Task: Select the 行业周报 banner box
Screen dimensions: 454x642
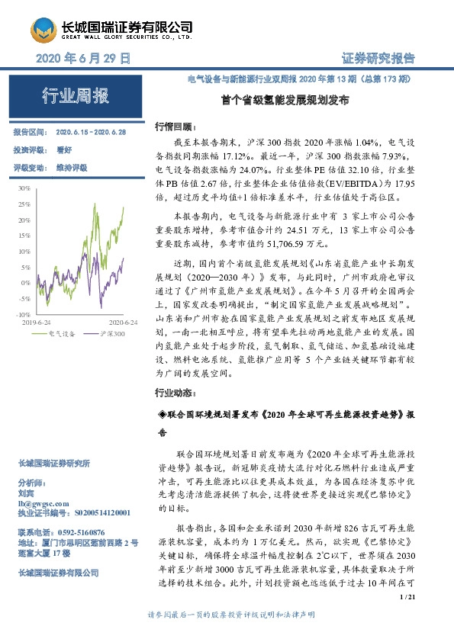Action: [x=74, y=96]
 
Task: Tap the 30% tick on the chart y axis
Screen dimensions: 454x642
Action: [x=22, y=188]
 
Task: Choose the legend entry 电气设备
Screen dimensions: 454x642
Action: [x=61, y=333]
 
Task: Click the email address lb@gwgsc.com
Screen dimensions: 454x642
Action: [x=36, y=504]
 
